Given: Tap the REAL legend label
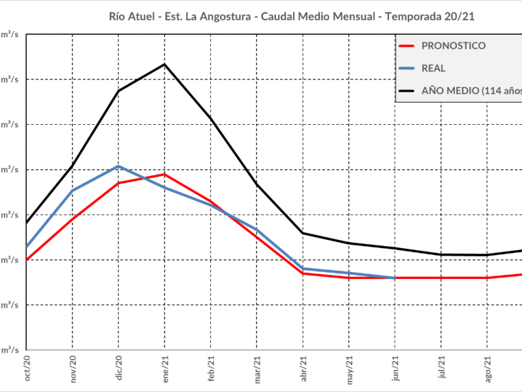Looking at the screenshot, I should tap(434, 68).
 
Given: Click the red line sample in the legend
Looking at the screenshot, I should tap(407, 46).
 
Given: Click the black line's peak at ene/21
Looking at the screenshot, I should tap(164, 64).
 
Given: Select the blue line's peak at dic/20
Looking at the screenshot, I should tap(119, 166).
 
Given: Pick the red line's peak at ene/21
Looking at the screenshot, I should tap(164, 174).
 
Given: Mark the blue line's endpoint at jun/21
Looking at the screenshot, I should tap(395, 278).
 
